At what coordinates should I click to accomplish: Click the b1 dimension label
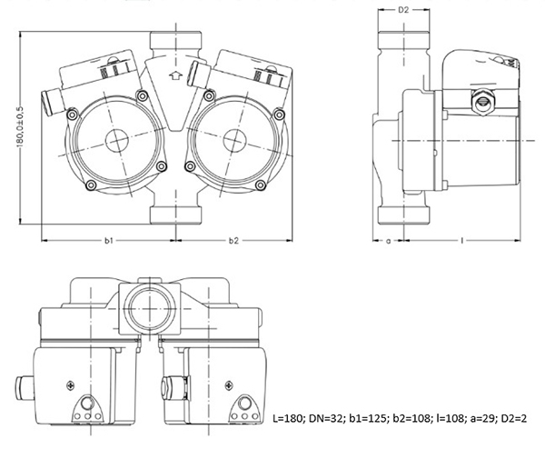click(x=109, y=240)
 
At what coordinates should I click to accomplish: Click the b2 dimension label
click(x=233, y=240)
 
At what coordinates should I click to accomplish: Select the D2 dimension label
click(x=403, y=10)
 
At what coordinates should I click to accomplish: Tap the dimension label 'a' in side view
click(x=389, y=240)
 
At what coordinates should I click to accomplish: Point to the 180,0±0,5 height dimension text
click(x=20, y=127)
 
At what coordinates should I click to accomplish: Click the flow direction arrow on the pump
click(x=175, y=75)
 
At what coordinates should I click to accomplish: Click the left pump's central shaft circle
click(x=117, y=141)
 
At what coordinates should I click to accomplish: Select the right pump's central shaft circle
click(x=235, y=141)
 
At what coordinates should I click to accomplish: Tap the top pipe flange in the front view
click(x=176, y=40)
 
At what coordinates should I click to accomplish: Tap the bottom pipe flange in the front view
click(x=176, y=215)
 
